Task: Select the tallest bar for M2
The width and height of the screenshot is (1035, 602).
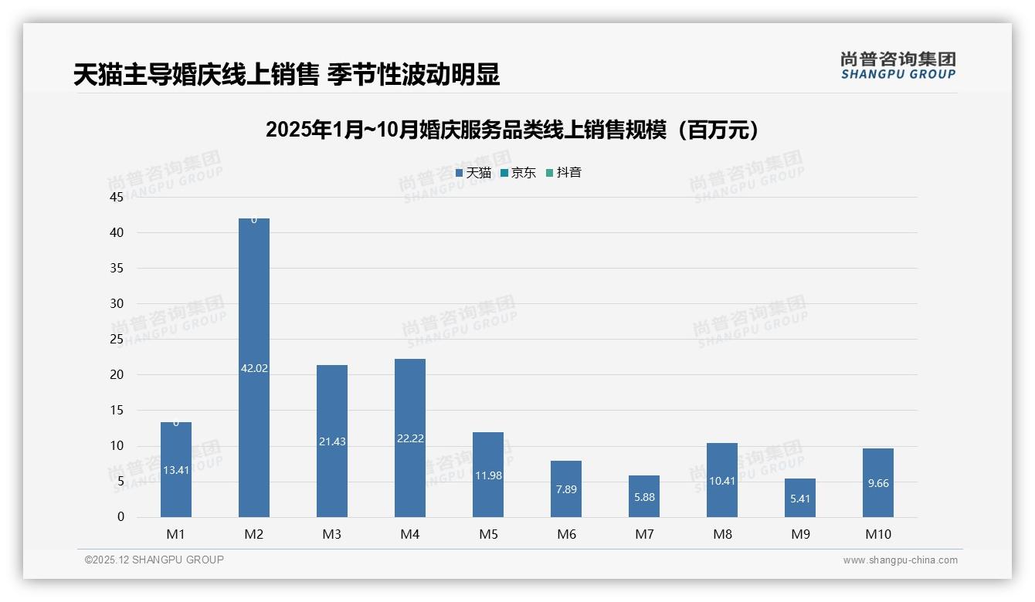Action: point(254,309)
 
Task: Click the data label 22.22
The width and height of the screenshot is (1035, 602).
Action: point(409,438)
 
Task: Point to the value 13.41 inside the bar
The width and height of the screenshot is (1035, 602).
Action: point(176,470)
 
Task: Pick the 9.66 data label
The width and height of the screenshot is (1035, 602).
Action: point(878,483)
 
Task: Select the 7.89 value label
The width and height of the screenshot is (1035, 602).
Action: point(566,489)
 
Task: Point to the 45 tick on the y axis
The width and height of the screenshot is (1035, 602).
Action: point(117,198)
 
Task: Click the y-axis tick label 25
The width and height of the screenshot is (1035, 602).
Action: point(117,340)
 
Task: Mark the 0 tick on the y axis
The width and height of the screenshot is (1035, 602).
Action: point(120,517)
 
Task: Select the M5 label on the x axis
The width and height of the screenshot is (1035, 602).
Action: point(488,535)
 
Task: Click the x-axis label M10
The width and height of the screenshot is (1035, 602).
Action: point(878,535)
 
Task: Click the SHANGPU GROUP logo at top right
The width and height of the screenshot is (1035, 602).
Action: point(898,66)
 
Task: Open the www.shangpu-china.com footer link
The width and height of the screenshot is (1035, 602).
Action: point(900,560)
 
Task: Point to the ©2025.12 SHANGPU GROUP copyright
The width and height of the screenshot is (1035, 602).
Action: point(154,560)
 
